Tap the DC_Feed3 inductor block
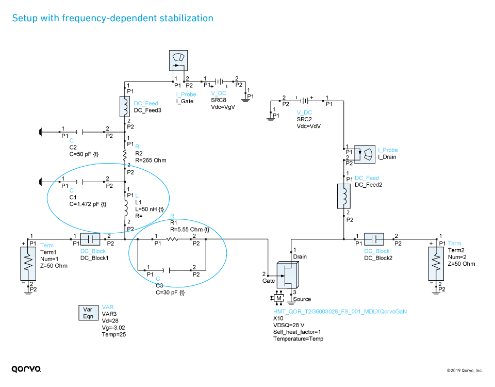point(125,106)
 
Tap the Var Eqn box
point(88,313)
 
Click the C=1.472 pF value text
point(88,204)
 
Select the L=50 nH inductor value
point(150,209)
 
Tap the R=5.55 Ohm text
point(190,229)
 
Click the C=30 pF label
point(170,292)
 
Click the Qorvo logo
point(26,368)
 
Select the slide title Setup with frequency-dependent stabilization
point(112,18)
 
